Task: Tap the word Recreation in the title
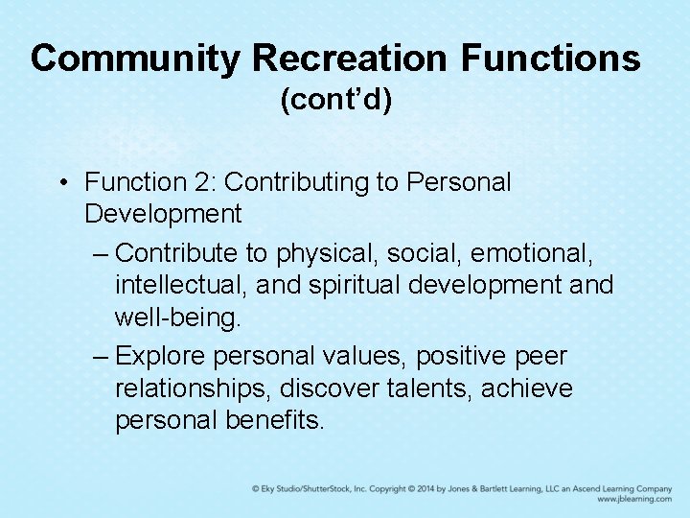coord(350,59)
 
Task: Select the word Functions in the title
coord(550,59)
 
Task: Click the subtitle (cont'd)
coord(335,101)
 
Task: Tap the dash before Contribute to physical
coord(102,254)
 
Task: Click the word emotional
coord(535,253)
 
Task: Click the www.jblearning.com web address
coord(632,500)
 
